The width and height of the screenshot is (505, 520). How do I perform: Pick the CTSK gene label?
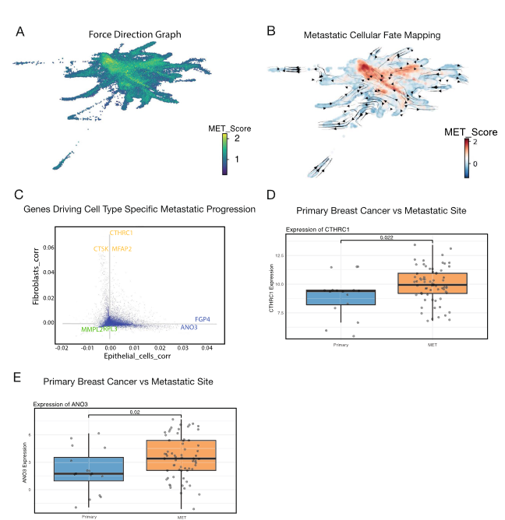point(101,249)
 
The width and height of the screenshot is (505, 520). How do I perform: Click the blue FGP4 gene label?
point(203,319)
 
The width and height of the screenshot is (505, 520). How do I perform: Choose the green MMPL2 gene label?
point(92,331)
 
